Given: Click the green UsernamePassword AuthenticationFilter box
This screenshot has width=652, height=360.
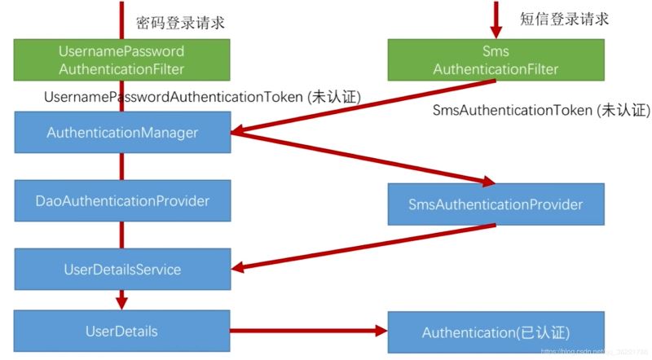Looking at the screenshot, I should coord(121,60).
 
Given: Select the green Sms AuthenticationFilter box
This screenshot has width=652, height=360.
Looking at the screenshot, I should coord(495,60).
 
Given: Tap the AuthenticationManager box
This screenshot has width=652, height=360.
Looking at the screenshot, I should coord(121,131).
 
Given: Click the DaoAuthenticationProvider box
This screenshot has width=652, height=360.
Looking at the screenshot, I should coord(121,200).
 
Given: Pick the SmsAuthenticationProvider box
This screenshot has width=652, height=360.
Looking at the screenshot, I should coord(496,204).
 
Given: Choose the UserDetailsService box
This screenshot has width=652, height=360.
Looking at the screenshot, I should coord(121,269).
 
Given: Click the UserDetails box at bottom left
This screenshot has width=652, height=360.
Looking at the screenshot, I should coord(121,331).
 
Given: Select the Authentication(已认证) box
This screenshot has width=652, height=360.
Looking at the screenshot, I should coord(496,332).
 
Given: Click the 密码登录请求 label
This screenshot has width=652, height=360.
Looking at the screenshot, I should coord(180,22).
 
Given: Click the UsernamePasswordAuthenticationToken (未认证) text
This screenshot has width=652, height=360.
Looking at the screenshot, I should coord(202,97).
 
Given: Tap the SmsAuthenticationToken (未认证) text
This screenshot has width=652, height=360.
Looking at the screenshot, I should coord(540,109).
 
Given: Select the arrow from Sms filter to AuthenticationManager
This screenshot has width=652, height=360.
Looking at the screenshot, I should coord(367,105).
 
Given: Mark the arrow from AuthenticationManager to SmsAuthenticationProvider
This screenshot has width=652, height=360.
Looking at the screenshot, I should coord(367,158).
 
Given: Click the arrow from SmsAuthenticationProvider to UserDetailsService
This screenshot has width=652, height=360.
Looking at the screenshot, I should coord(367,245).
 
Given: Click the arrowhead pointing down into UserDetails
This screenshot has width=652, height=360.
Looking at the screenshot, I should coord(121,304).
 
